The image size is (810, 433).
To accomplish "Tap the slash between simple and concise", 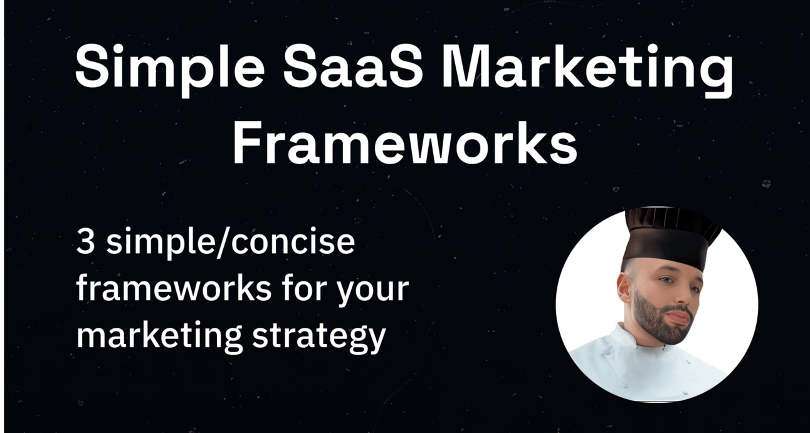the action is click(x=223, y=243).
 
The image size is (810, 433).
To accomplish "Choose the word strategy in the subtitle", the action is click(x=318, y=336).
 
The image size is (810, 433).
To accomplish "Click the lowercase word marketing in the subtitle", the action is click(x=159, y=335).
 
